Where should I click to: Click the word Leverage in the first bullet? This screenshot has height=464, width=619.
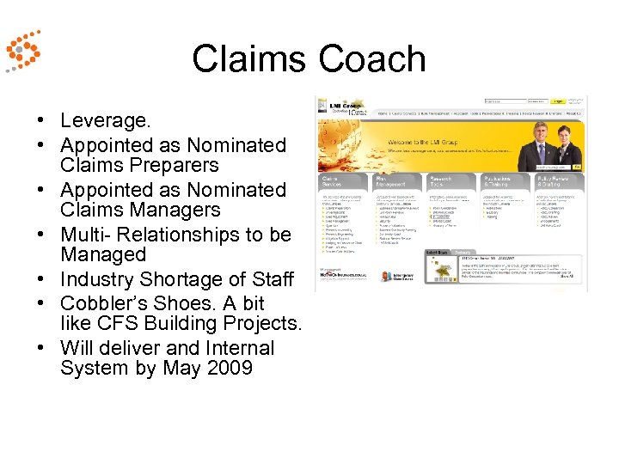106,122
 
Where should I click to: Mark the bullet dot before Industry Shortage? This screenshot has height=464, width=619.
40,280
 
